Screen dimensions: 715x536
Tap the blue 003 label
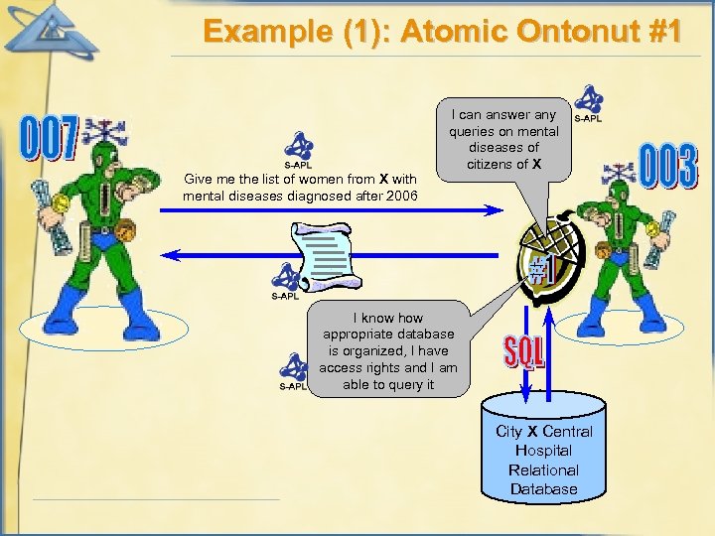click(667, 167)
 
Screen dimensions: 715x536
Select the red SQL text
click(523, 349)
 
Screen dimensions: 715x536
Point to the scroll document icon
click(320, 256)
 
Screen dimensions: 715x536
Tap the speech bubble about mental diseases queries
click(503, 139)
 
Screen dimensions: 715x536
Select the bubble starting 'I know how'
click(388, 346)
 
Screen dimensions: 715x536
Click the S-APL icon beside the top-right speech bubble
click(588, 103)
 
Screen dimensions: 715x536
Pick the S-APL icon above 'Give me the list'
click(298, 149)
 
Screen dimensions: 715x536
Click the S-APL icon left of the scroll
click(286, 278)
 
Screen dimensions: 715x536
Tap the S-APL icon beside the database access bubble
click(294, 368)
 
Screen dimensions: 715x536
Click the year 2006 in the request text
click(400, 197)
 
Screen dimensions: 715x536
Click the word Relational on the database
click(543, 469)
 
